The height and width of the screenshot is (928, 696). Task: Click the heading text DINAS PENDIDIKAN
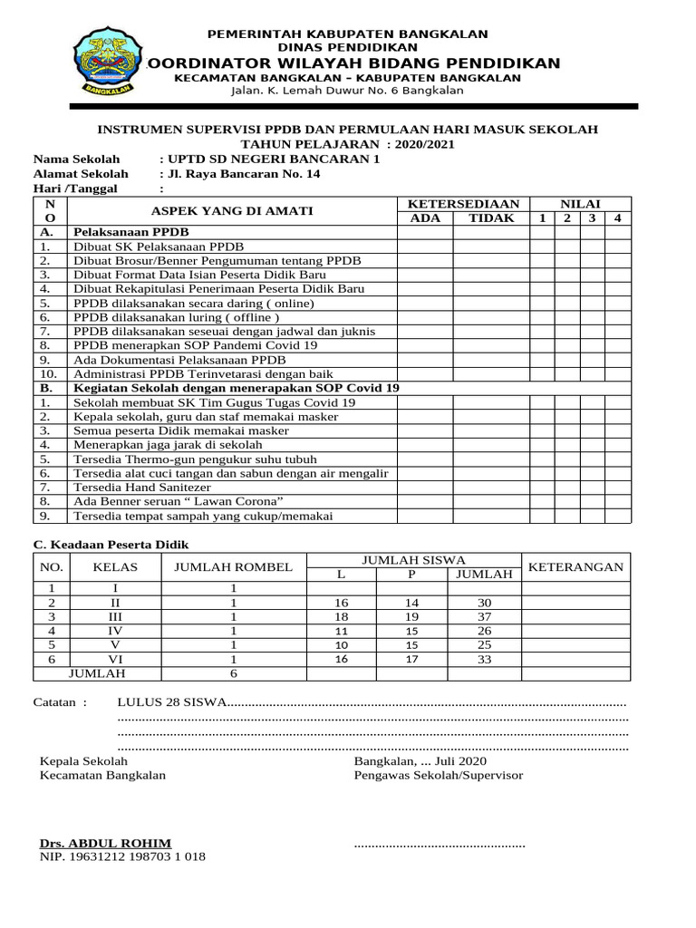[348, 46]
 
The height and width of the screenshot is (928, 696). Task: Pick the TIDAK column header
[491, 218]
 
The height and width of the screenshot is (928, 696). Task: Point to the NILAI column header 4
[616, 218]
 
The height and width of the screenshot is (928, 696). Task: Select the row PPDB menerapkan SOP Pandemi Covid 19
[195, 345]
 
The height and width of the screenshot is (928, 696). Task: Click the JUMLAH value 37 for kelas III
[483, 616]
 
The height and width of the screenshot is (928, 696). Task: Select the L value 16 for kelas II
[342, 603]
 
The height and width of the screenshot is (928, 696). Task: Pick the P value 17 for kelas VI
[411, 659]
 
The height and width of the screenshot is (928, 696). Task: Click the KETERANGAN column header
[575, 567]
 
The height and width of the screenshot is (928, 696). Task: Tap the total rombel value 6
[233, 673]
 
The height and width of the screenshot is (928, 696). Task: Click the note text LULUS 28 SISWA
[170, 702]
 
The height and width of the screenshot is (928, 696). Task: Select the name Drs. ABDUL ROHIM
[104, 843]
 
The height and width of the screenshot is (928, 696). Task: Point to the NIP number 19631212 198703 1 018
[122, 856]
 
